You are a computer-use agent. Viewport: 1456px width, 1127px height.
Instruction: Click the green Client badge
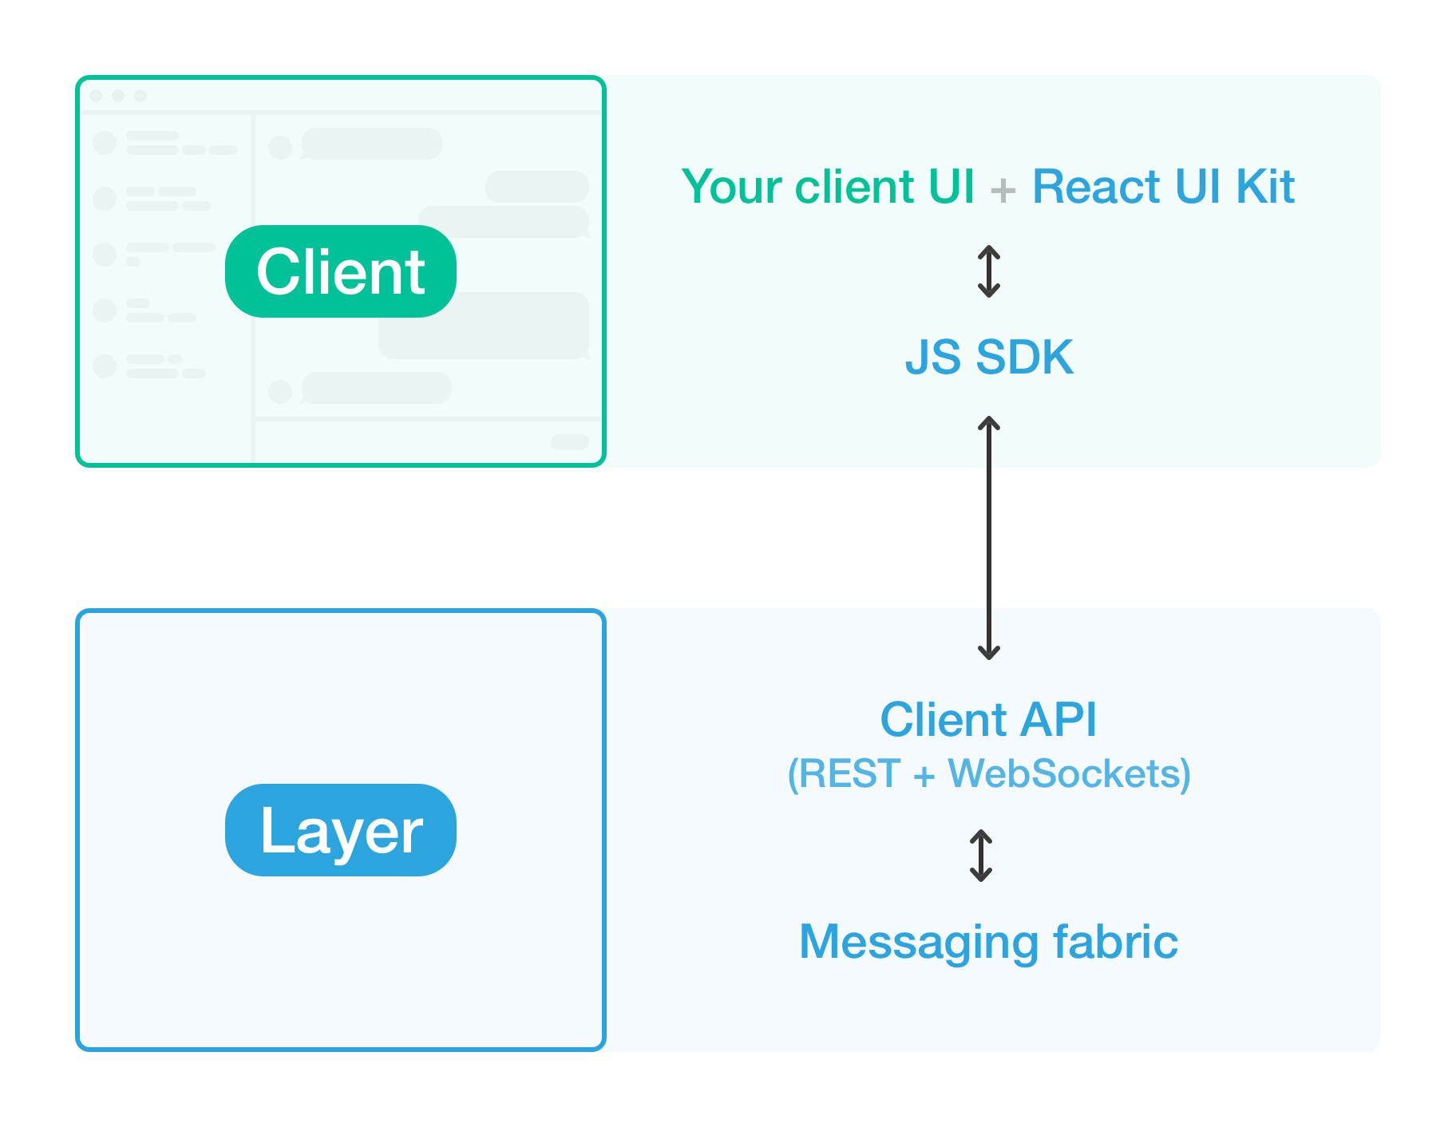click(340, 271)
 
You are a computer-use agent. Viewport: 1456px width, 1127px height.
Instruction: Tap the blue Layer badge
click(340, 830)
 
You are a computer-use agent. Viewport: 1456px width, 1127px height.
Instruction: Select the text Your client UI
click(828, 187)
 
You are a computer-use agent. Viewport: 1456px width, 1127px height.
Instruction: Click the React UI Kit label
click(1163, 187)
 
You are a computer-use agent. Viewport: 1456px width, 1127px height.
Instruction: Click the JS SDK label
click(988, 357)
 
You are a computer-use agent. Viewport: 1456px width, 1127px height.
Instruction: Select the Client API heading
click(988, 719)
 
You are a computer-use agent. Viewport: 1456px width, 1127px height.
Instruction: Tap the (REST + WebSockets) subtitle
click(988, 773)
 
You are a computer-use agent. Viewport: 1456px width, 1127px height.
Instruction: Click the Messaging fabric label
click(988, 942)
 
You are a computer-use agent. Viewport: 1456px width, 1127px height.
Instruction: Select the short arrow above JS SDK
click(989, 271)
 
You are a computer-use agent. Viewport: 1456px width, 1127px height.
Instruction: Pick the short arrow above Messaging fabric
click(981, 856)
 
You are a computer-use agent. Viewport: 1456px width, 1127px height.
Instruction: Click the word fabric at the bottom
click(1115, 942)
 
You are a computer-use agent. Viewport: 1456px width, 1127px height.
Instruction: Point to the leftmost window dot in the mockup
click(97, 96)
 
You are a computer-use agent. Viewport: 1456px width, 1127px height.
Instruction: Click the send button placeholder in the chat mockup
click(570, 442)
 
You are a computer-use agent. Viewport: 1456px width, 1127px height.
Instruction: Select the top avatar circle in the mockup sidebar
click(105, 143)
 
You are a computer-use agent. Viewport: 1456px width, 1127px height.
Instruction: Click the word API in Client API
click(1058, 719)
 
